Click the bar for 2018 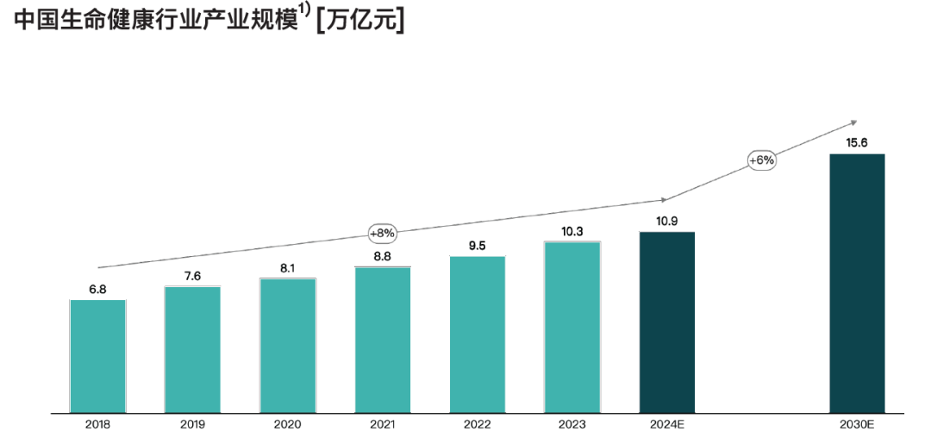(97, 356)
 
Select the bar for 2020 (287, 346)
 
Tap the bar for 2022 (477, 335)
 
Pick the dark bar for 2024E (666, 323)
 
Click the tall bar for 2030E (857, 284)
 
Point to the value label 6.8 (97, 290)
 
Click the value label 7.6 (192, 276)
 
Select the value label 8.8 (382, 256)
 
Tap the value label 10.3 (572, 231)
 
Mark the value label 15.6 (857, 143)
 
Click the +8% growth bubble (382, 233)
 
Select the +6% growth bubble (762, 160)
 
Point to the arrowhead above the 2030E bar (853, 122)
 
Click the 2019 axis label (192, 424)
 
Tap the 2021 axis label (382, 424)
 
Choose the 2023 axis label (572, 424)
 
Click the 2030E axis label (857, 424)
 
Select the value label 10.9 (666, 222)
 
